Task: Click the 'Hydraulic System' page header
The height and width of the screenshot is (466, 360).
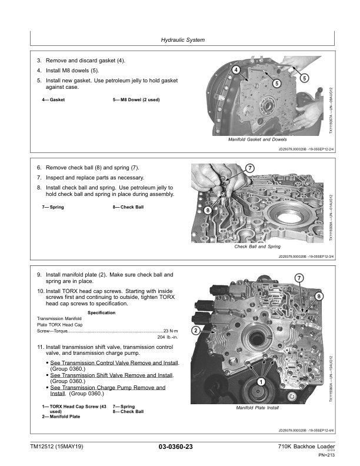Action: (182, 40)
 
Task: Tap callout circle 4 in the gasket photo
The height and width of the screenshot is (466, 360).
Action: (236, 71)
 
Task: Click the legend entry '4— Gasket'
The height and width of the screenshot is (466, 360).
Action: (53, 100)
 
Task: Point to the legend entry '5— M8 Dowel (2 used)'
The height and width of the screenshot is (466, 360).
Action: (136, 100)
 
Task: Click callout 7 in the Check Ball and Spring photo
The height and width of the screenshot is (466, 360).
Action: (250, 169)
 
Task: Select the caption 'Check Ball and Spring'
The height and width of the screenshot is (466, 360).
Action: (257, 247)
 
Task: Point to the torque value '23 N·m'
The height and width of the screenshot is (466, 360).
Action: (172, 331)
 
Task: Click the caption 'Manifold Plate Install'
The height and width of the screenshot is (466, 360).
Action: (256, 408)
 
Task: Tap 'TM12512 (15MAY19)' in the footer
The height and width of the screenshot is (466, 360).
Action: (57, 447)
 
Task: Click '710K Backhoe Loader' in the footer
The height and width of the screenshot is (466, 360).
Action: (303, 447)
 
